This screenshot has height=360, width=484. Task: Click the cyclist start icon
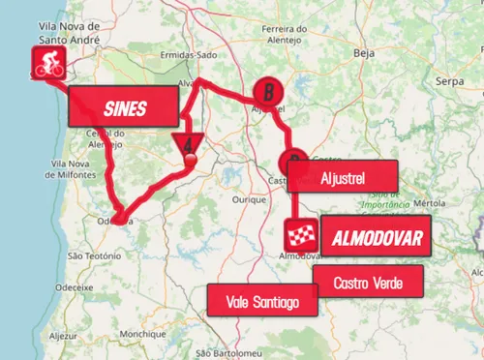[45, 65]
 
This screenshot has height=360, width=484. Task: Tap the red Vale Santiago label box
[260, 300]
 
